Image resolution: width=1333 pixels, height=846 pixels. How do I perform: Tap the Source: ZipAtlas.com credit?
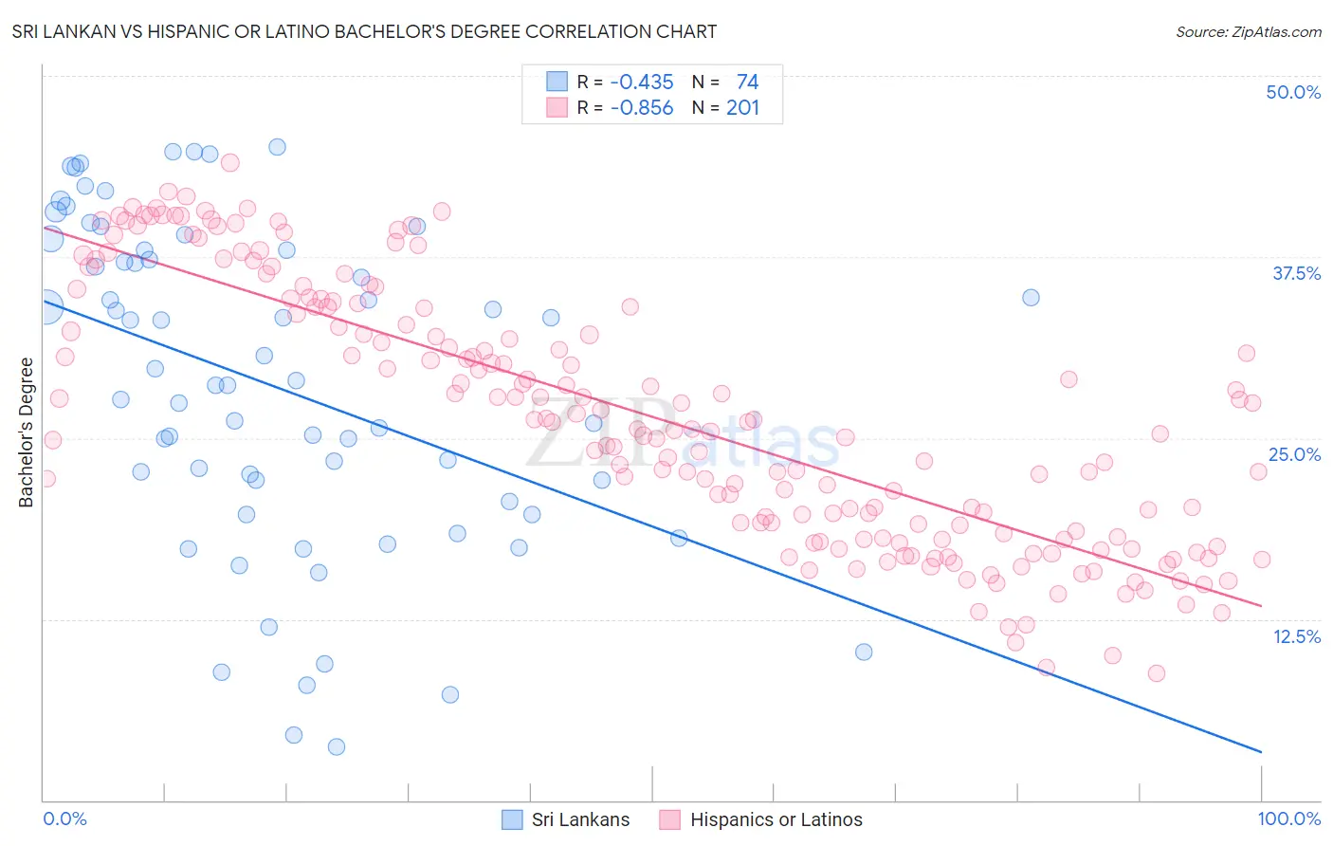pyautogui.click(x=1248, y=31)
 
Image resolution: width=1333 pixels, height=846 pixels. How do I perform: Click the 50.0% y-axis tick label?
pyautogui.click(x=1293, y=92)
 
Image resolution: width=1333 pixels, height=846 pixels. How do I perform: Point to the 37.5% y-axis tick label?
pyautogui.click(x=1296, y=273)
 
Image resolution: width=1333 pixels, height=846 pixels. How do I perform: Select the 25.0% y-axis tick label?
pyautogui.click(x=1294, y=454)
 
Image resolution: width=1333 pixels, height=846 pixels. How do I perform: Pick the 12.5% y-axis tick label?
pyautogui.click(x=1296, y=635)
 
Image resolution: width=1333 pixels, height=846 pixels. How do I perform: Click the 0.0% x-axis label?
pyautogui.click(x=64, y=818)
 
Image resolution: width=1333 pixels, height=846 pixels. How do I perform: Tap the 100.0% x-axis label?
pyautogui.click(x=1288, y=818)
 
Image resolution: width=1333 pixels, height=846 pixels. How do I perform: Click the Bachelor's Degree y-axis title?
pyautogui.click(x=26, y=432)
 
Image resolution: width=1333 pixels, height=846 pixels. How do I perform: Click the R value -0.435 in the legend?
pyautogui.click(x=642, y=83)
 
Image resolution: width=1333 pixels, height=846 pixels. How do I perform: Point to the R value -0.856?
pyautogui.click(x=642, y=108)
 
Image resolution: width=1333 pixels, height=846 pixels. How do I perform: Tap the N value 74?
pyautogui.click(x=747, y=83)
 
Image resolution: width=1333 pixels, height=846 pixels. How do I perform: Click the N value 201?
pyautogui.click(x=743, y=108)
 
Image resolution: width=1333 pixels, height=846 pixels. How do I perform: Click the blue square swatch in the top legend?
pyautogui.click(x=557, y=82)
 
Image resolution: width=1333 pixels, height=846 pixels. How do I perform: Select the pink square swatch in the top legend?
pyautogui.click(x=557, y=107)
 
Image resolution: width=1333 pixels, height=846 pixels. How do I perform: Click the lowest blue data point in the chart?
pyautogui.click(x=336, y=746)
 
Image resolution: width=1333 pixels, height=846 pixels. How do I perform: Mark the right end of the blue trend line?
pyautogui.click(x=1261, y=752)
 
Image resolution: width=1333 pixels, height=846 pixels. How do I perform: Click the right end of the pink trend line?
pyautogui.click(x=1261, y=605)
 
